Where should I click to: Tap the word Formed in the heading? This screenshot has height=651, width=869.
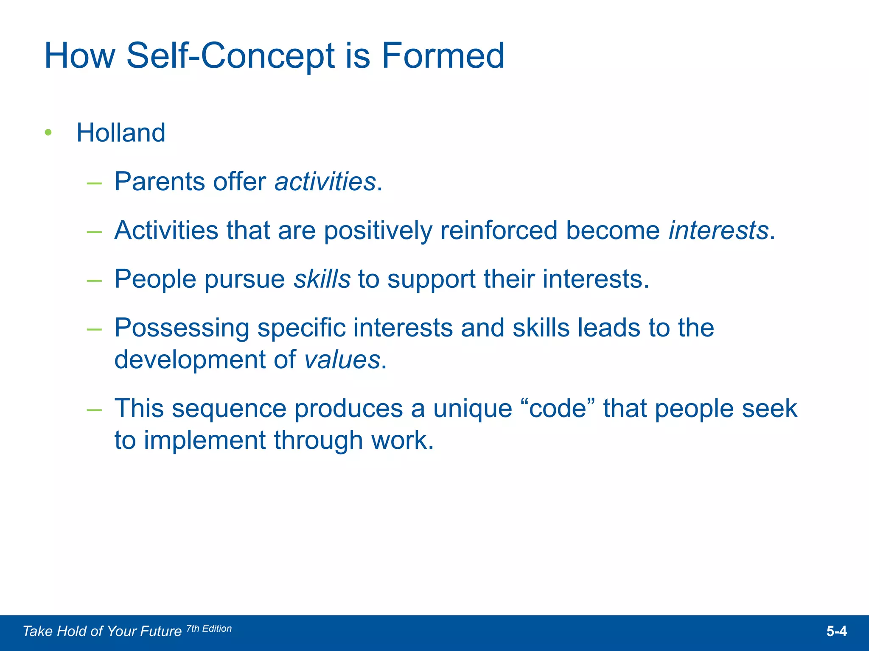click(x=443, y=56)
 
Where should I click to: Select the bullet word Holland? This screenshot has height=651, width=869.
click(x=121, y=133)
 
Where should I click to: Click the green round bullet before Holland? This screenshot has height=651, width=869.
click(x=48, y=133)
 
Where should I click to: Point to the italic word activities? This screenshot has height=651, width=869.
click(x=325, y=182)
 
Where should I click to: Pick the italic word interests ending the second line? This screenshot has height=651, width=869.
click(x=718, y=231)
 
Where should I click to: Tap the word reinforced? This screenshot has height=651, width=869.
click(x=499, y=231)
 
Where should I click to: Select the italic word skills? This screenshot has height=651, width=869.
click(x=322, y=279)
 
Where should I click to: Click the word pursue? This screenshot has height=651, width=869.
click(x=245, y=280)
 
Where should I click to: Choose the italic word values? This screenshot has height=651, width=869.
click(x=342, y=360)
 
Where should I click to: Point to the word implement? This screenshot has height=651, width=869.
click(x=205, y=441)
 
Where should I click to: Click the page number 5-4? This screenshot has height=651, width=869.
click(x=836, y=632)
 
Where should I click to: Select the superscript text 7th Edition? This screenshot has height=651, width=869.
click(x=209, y=629)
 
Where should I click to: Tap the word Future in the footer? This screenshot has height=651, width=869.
click(x=161, y=632)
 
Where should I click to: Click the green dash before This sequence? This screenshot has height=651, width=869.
click(x=94, y=409)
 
